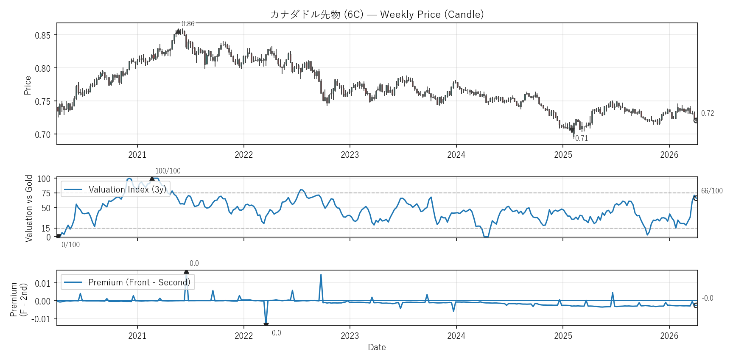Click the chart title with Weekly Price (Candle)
pyautogui.click(x=377, y=14)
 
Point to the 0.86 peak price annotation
pyautogui.click(x=188, y=24)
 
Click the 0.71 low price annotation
pyautogui.click(x=582, y=138)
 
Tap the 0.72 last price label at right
pyautogui.click(x=708, y=113)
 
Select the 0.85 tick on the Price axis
pyautogui.click(x=42, y=35)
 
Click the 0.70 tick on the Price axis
pyautogui.click(x=42, y=135)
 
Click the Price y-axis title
pyautogui.click(x=28, y=85)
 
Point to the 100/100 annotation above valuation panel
pyautogui.click(x=168, y=171)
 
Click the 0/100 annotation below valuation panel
pyautogui.click(x=70, y=245)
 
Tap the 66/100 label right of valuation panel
pyautogui.click(x=712, y=191)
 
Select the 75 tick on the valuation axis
pyautogui.click(x=46, y=193)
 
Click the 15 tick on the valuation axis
pyautogui.click(x=46, y=229)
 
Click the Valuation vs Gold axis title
pyautogui.click(x=29, y=208)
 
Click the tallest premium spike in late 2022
pyautogui.click(x=321, y=275)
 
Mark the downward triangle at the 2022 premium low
pyautogui.click(x=266, y=325)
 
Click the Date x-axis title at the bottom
pyautogui.click(x=377, y=347)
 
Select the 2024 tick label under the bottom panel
pyautogui.click(x=456, y=336)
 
